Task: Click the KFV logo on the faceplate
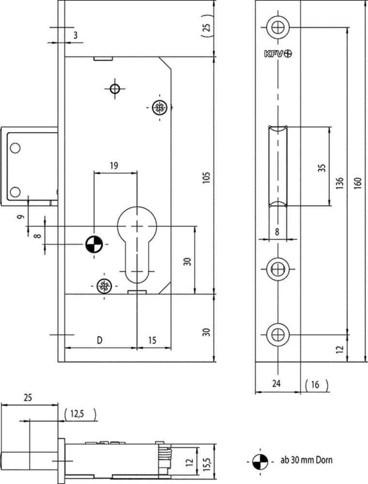pyautogui.click(x=278, y=54)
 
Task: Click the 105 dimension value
pyautogui.click(x=206, y=177)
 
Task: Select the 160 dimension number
pyautogui.click(x=357, y=183)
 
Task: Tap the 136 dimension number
pyautogui.click(x=339, y=183)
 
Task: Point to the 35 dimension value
pyautogui.click(x=322, y=168)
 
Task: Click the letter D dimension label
pyautogui.click(x=100, y=340)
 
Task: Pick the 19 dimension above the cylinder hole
pyautogui.click(x=114, y=166)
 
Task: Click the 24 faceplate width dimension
pyautogui.click(x=276, y=383)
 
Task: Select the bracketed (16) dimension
pyautogui.click(x=316, y=385)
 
